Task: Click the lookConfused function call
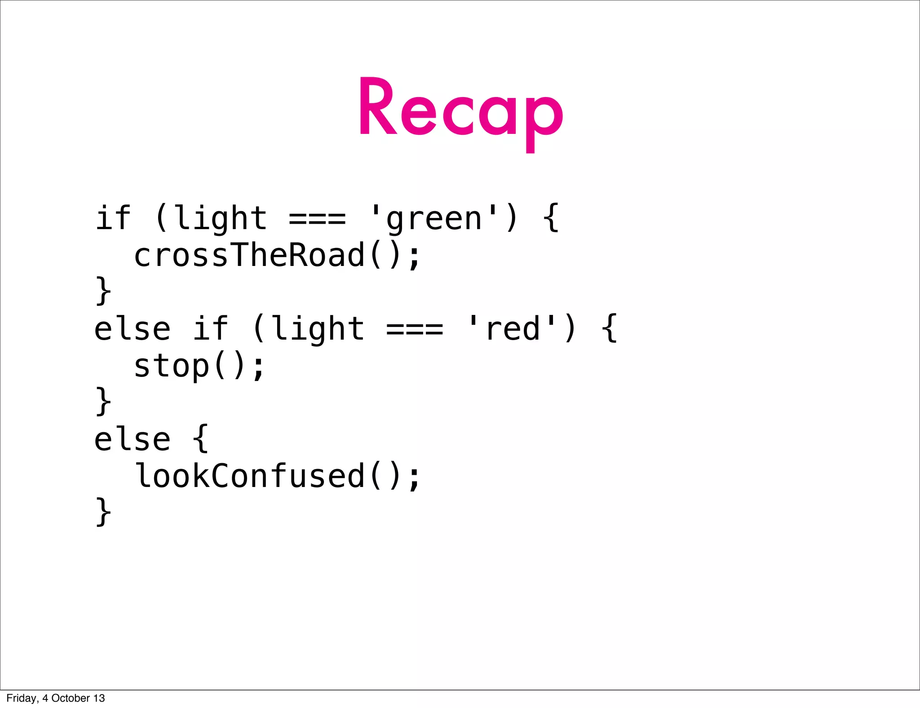(x=249, y=476)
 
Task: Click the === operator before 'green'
(x=317, y=219)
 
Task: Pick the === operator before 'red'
(x=414, y=329)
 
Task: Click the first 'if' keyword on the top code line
(x=112, y=218)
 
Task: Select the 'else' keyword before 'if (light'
(x=133, y=329)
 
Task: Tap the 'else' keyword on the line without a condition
(x=133, y=439)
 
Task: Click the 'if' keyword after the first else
(x=210, y=328)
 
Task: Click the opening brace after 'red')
(x=609, y=328)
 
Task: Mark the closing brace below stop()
(x=103, y=401)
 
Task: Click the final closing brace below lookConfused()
(x=103, y=512)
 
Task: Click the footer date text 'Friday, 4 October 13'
(x=56, y=698)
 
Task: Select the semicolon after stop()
(x=258, y=367)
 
